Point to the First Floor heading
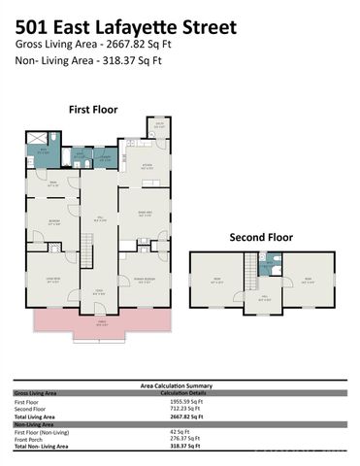pos(94,111)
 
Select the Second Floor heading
pos(261,236)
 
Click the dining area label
pos(145,215)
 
